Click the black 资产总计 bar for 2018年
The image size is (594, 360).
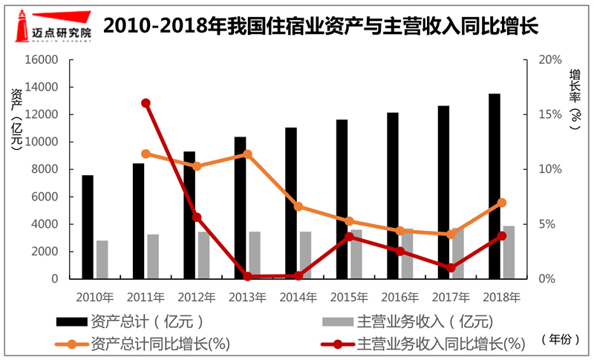pos(495,186)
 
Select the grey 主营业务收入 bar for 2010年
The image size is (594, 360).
pos(102,260)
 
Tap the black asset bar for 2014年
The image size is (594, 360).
pos(291,203)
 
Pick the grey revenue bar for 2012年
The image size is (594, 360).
pos(203,255)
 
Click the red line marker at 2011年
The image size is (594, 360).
pos(146,103)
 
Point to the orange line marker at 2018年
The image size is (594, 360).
pos(502,203)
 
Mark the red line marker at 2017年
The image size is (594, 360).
pos(451,268)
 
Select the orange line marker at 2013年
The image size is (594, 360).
pos(248,154)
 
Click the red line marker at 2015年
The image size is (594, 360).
pos(349,237)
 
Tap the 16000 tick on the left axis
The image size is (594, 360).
pos(45,60)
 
